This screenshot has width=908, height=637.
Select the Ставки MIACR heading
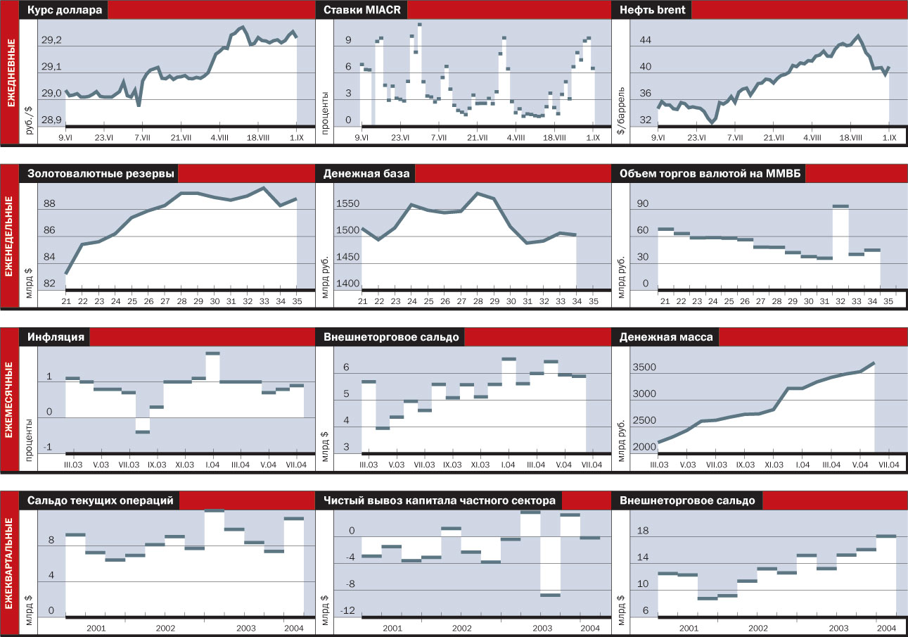pyautogui.click(x=362, y=11)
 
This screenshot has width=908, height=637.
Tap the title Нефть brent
pyautogui.click(x=653, y=11)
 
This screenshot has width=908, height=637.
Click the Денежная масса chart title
pyautogui.click(x=665, y=337)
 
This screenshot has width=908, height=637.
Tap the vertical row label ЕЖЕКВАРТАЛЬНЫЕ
pyautogui.click(x=10, y=563)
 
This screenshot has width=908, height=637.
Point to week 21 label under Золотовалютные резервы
pyautogui.click(x=65, y=301)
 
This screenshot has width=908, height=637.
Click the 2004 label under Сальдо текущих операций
pyautogui.click(x=293, y=628)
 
